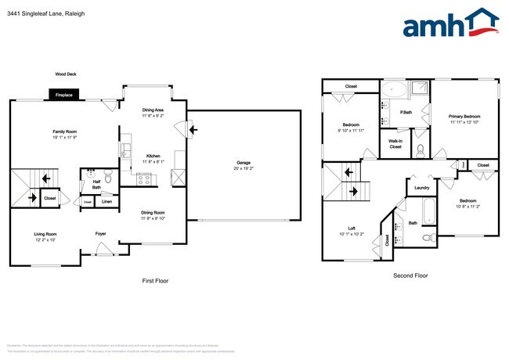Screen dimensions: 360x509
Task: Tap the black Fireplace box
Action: [x=63, y=95]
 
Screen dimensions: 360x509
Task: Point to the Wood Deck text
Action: [x=66, y=74]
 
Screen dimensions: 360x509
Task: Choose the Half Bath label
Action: [x=96, y=185]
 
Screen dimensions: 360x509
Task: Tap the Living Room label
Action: [x=45, y=236]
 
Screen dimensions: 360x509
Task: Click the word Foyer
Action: [x=101, y=233]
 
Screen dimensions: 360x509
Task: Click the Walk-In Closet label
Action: [x=395, y=144]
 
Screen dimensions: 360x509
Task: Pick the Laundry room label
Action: [x=421, y=188]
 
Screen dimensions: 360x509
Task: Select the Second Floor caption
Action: [x=410, y=275]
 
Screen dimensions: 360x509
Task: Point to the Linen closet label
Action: [x=106, y=202]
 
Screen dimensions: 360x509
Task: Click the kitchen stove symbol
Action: [x=144, y=179]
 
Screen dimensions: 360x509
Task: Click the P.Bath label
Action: [x=406, y=112]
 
